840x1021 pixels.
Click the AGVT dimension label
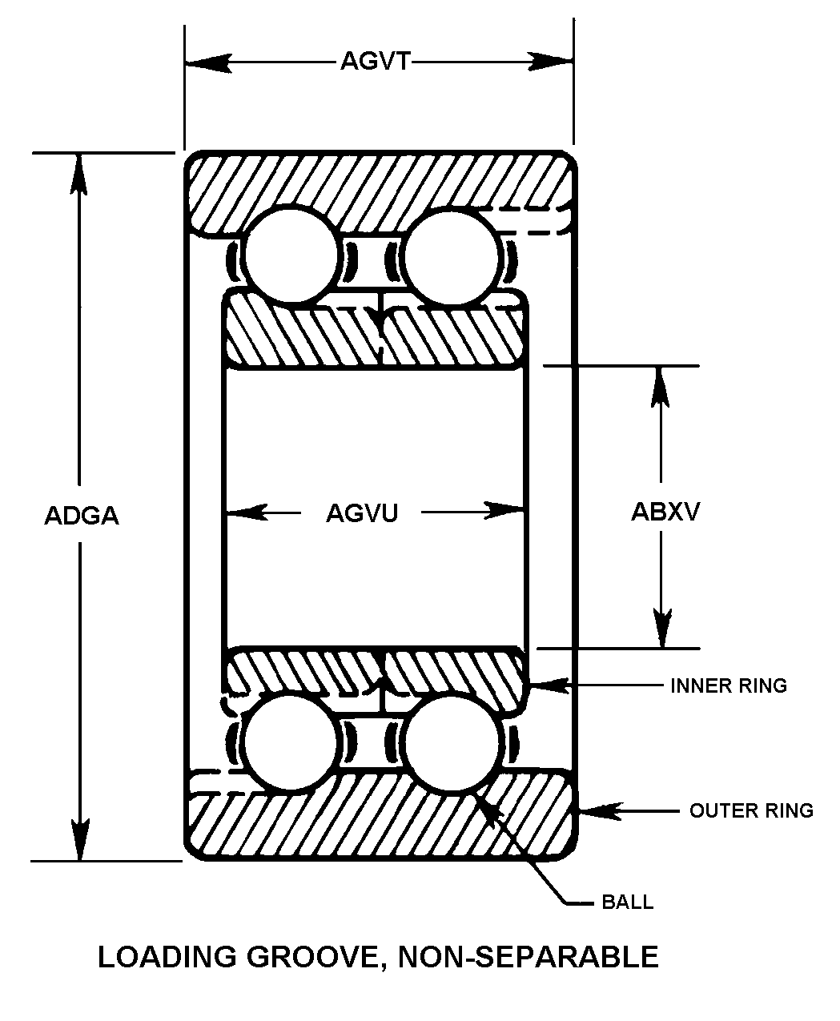click(x=374, y=61)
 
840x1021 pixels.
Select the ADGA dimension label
click(x=82, y=515)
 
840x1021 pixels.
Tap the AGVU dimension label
click(x=362, y=513)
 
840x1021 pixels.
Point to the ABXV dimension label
click(x=665, y=512)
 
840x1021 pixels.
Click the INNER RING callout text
click(x=728, y=685)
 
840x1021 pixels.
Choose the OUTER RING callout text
click(x=751, y=810)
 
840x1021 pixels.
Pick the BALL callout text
click(x=627, y=902)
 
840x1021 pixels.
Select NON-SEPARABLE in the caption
click(x=528, y=957)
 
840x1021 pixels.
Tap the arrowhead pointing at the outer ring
click(x=597, y=810)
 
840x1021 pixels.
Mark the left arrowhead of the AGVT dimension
click(x=207, y=62)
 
